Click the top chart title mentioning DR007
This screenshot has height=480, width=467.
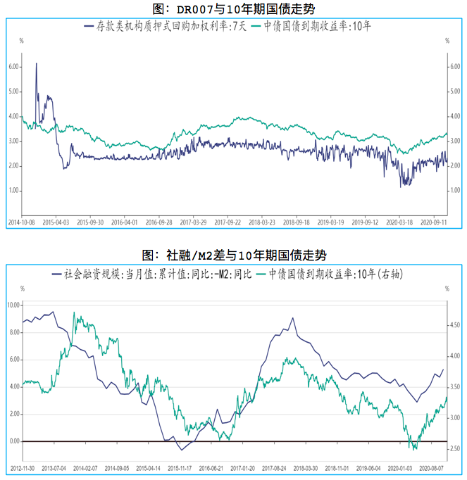233,8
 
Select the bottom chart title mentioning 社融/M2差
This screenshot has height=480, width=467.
233,255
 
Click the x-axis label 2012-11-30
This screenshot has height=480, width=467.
23,467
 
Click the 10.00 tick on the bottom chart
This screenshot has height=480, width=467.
13,305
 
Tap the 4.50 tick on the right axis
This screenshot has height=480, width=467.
456,325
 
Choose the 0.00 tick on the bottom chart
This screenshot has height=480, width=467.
14,441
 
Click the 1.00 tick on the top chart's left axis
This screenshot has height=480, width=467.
14,191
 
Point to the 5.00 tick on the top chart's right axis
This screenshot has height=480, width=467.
455,91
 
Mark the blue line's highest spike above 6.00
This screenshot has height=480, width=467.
36,64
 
